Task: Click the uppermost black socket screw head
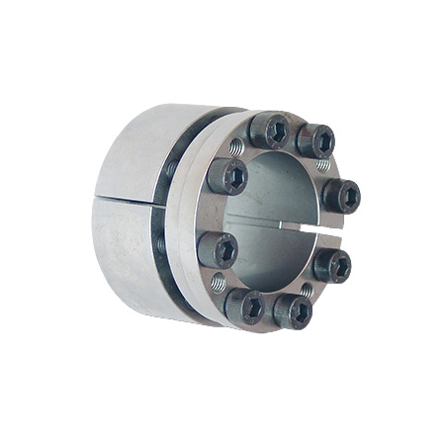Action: (x=268, y=130)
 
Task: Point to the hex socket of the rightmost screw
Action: (x=343, y=195)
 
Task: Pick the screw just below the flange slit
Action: (x=331, y=264)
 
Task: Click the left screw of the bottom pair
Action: (x=243, y=307)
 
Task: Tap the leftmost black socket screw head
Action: (x=217, y=248)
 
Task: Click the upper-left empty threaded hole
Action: (x=236, y=147)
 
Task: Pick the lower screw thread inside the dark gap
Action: (x=162, y=243)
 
